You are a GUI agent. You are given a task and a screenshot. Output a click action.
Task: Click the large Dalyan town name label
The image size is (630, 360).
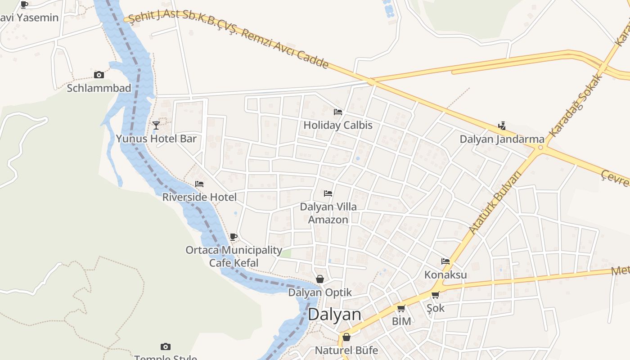coord(334,315)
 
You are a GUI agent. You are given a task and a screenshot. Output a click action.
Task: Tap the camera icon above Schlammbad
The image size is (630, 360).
coord(99,75)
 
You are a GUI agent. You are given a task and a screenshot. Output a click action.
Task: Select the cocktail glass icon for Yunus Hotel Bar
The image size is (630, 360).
coord(156,125)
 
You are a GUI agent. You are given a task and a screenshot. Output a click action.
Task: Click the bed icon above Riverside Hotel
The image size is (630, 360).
coord(199,184)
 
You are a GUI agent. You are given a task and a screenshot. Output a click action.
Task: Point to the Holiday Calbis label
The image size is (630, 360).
coord(338,125)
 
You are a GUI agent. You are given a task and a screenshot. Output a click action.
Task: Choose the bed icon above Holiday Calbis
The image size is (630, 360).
coord(338,112)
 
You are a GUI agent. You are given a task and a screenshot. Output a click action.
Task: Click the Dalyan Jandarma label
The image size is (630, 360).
coord(502,139)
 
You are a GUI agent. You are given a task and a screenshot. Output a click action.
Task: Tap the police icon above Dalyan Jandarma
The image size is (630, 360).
coord(502,126)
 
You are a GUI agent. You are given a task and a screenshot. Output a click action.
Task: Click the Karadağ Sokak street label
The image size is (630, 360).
coord(576,105)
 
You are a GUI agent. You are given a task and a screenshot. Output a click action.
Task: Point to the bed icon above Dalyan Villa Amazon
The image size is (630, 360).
coord(328,193)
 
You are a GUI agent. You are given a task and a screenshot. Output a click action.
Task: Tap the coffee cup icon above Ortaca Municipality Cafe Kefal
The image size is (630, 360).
coord(234,237)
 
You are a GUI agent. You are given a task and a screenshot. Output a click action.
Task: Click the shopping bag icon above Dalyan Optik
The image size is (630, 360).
coord(320,279)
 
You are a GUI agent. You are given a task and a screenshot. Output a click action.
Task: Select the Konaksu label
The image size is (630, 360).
coord(445,274)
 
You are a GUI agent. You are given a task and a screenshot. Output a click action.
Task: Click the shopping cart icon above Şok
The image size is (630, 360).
coord(435,295)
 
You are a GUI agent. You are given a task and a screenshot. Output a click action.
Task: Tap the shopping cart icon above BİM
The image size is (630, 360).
coord(401,308)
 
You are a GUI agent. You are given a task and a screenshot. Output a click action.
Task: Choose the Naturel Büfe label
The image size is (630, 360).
coord(346,350)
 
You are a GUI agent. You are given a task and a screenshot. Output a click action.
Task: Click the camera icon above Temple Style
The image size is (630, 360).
coord(166,346)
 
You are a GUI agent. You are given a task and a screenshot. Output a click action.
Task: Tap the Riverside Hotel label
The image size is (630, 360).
coord(199,197)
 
